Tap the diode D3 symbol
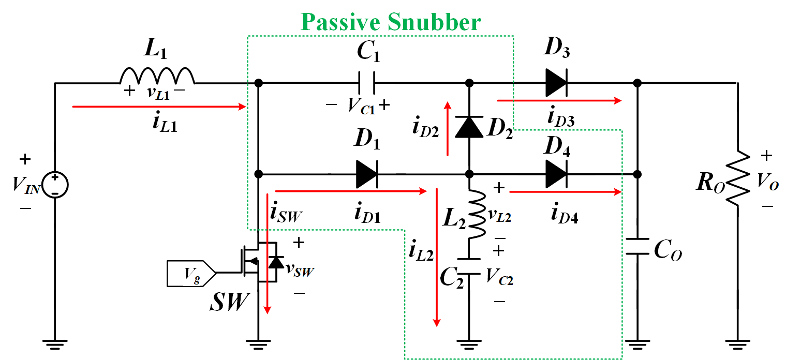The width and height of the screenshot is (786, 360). click(x=556, y=83)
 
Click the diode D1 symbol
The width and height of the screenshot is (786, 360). click(x=367, y=174)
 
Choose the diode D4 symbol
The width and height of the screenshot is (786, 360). click(x=556, y=174)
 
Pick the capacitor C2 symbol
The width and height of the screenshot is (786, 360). click(x=469, y=265)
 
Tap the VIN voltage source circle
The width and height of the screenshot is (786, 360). click(x=54, y=184)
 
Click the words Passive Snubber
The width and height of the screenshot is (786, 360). click(x=391, y=22)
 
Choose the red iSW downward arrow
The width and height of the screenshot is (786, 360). click(x=268, y=253)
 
